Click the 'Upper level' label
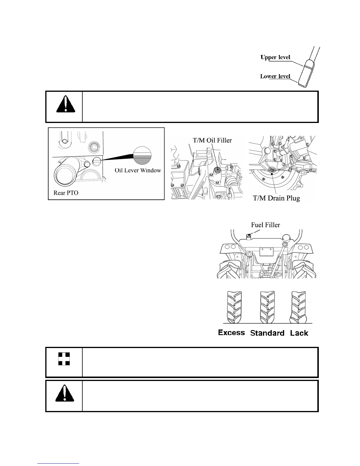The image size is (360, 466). (x=275, y=57)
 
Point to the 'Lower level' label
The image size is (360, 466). (x=275, y=76)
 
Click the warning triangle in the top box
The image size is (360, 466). (x=65, y=105)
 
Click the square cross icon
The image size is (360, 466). (x=64, y=359)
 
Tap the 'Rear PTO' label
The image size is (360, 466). (x=66, y=193)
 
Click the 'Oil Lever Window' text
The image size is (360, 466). (x=138, y=170)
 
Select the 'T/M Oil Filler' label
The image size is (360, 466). (x=212, y=140)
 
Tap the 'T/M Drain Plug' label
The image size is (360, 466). (x=276, y=198)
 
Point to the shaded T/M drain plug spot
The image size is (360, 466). (x=272, y=170)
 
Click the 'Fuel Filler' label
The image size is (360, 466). (x=265, y=225)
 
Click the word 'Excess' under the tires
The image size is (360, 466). (x=231, y=333)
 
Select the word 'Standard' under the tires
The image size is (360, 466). (x=267, y=333)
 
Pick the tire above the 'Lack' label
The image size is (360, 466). (x=299, y=307)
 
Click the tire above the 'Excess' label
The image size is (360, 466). (x=234, y=307)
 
